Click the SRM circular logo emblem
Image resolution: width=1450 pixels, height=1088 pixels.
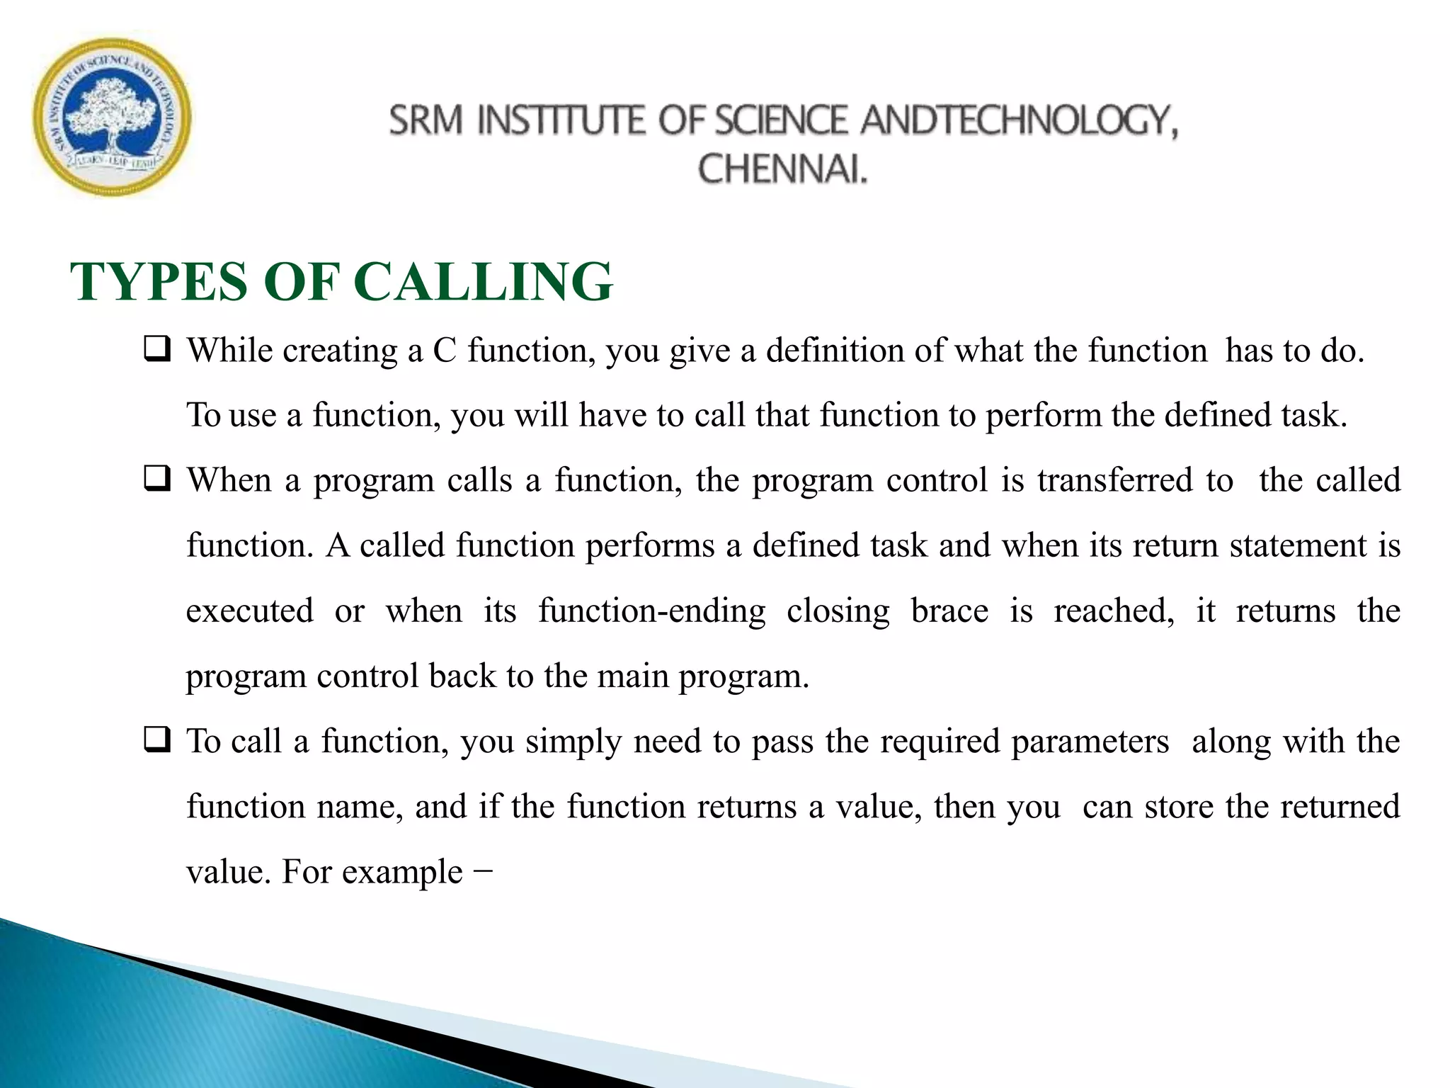pos(112,118)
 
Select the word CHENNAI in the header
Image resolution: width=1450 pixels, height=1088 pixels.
pos(782,170)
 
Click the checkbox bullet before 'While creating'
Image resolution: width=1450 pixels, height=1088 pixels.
pos(156,349)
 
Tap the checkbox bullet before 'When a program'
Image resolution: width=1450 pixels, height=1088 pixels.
pos(156,480)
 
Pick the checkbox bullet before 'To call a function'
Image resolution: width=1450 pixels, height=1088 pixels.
pos(156,740)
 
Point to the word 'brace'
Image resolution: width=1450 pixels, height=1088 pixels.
pos(949,611)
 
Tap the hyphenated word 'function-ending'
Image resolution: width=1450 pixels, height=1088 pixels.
pos(651,611)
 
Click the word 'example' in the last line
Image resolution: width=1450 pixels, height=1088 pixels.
pos(402,872)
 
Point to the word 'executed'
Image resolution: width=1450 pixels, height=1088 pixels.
pos(249,611)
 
